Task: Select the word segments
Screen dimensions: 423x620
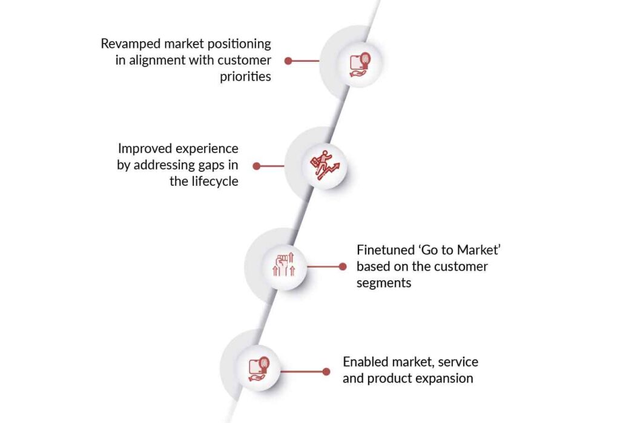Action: click(384, 283)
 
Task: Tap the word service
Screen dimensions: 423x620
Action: click(458, 362)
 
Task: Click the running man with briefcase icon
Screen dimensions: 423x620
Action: click(324, 166)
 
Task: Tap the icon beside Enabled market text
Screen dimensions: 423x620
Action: click(259, 369)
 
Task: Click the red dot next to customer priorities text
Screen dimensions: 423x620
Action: click(289, 61)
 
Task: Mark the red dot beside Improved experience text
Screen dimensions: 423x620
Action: click(257, 166)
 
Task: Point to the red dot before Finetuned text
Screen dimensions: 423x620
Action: click(343, 266)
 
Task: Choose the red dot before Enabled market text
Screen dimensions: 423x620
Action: click(326, 372)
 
